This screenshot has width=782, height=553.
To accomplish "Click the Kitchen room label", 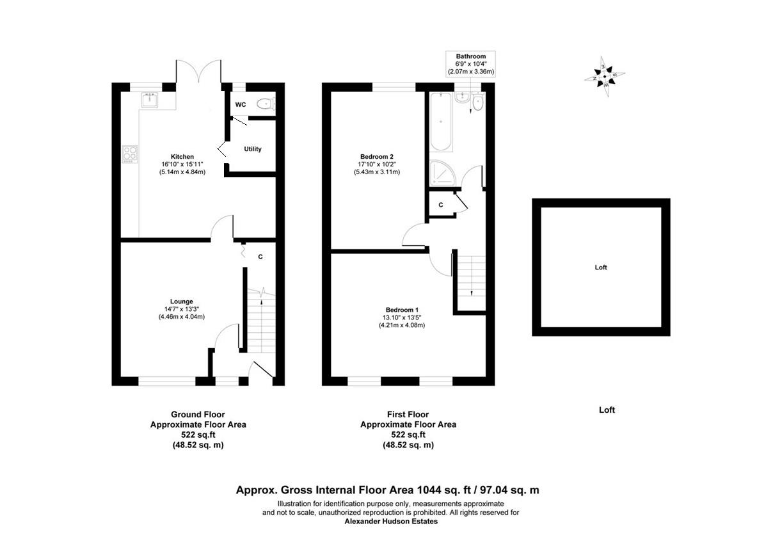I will pyautogui.click(x=182, y=157).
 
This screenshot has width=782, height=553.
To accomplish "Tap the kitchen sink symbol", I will pyautogui.click(x=150, y=100).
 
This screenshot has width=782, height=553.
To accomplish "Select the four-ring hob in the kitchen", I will pyautogui.click(x=130, y=154).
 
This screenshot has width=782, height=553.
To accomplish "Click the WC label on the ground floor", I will pyautogui.click(x=241, y=104).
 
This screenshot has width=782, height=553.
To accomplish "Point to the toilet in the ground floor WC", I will pyautogui.click(x=264, y=104).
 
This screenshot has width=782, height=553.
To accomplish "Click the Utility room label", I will pyautogui.click(x=253, y=149).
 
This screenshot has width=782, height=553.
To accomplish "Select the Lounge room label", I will pyautogui.click(x=182, y=301).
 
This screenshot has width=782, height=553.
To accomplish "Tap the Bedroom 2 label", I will pyautogui.click(x=376, y=157).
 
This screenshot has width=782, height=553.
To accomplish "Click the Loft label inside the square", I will pyautogui.click(x=601, y=268).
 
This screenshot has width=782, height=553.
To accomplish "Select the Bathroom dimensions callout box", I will pyautogui.click(x=471, y=64).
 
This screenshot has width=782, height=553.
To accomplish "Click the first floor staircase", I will pyautogui.click(x=471, y=275).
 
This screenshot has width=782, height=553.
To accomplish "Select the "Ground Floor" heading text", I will pyautogui.click(x=198, y=414).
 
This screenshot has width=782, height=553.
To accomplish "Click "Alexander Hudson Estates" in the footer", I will pyautogui.click(x=390, y=522).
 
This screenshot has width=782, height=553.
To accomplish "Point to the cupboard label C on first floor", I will pyautogui.click(x=441, y=205).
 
